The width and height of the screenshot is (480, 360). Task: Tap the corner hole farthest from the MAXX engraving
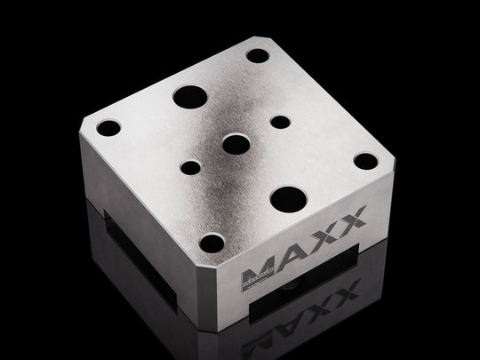[257, 55]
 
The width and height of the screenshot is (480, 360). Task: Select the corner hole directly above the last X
[364, 161]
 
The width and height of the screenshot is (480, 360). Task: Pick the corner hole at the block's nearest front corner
[212, 242]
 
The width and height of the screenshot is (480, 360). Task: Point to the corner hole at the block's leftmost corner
[108, 128]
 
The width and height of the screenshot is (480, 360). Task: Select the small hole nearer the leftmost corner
[192, 166]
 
